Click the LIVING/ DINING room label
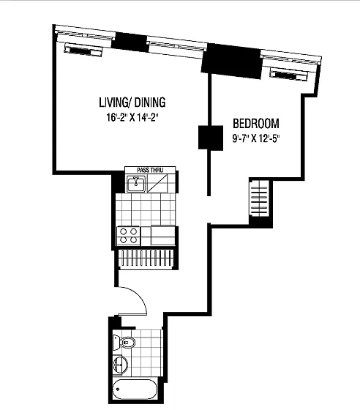(132, 102)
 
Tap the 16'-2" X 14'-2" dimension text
(132, 118)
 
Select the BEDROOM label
(256, 124)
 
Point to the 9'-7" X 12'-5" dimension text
(256, 138)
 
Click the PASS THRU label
(150, 170)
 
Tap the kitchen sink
(136, 184)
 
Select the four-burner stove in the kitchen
(129, 236)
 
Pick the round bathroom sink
(120, 364)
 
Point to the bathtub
(135, 389)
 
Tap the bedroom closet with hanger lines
(259, 201)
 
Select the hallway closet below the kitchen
(146, 258)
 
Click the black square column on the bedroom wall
(211, 138)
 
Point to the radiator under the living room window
(83, 51)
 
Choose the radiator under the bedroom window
(289, 75)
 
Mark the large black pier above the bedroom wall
(231, 61)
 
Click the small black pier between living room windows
(131, 42)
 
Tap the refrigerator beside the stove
(163, 235)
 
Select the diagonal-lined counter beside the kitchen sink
(157, 184)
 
